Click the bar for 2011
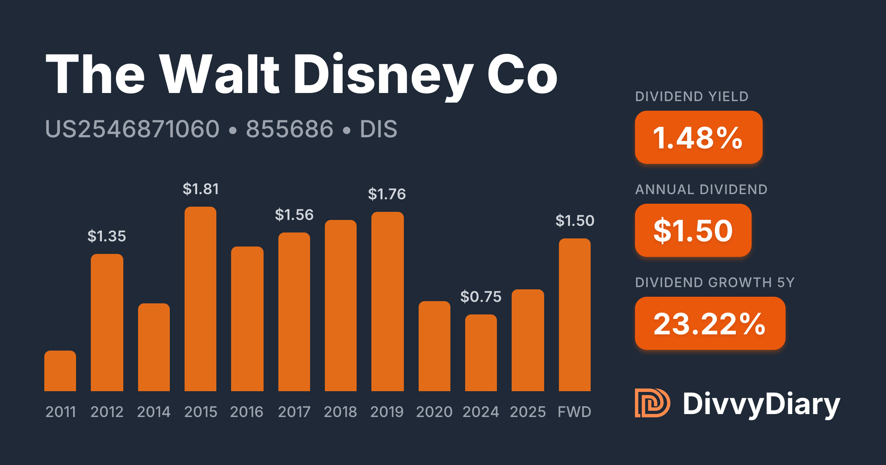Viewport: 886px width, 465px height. click(x=60, y=371)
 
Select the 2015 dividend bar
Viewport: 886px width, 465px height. click(x=200, y=299)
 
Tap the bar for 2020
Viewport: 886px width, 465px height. click(x=435, y=346)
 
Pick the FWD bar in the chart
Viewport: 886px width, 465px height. click(x=575, y=315)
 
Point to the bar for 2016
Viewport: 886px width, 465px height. click(x=247, y=319)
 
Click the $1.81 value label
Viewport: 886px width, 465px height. click(x=201, y=189)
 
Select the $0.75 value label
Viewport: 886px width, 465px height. click(x=481, y=297)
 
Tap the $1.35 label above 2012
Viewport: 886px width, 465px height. click(x=107, y=236)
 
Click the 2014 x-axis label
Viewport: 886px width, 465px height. click(x=154, y=412)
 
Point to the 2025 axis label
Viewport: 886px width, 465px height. click(x=528, y=412)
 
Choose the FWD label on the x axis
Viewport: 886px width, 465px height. click(x=574, y=412)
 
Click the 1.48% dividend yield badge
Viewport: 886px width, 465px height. click(x=698, y=137)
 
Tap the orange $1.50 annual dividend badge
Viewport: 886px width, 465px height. click(x=693, y=230)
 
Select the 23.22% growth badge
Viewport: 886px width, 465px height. click(x=710, y=323)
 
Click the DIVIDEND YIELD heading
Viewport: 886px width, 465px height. click(x=692, y=97)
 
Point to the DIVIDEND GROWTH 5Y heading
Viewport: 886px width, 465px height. click(x=715, y=283)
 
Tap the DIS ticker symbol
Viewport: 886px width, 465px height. click(x=378, y=129)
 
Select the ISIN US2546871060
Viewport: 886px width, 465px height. click(x=132, y=129)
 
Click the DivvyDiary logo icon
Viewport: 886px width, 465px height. click(x=652, y=403)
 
